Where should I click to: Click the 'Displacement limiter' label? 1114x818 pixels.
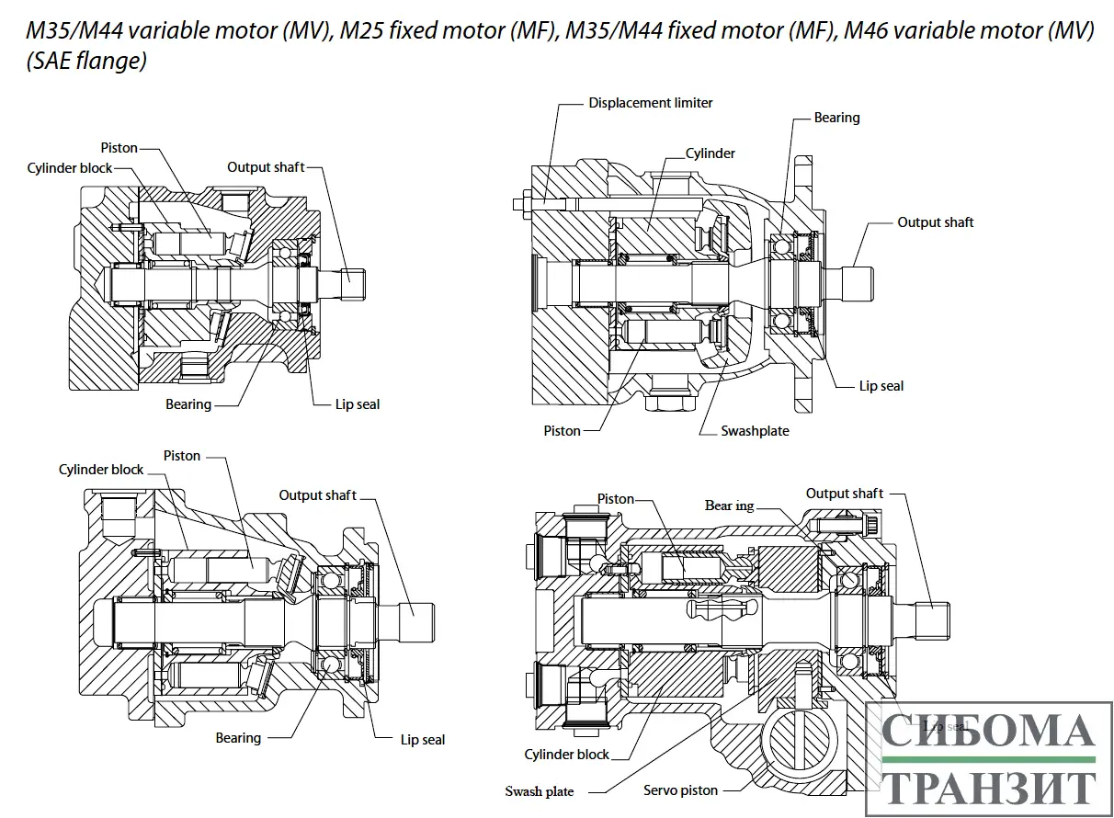(651, 103)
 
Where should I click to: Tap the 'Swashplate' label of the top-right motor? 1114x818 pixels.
(755, 430)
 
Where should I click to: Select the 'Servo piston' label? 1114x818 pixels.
(680, 790)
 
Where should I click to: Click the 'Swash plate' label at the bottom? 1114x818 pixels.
(539, 791)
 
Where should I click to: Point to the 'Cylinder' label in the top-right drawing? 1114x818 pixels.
(710, 153)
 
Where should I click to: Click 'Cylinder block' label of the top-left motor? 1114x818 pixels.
(70, 168)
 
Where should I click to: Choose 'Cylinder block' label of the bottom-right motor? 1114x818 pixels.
(567, 755)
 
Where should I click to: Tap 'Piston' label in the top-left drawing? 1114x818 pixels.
(119, 148)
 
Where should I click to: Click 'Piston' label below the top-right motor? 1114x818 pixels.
(563, 430)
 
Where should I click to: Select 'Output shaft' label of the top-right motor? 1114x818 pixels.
(936, 222)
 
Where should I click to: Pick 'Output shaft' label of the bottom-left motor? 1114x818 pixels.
(318, 495)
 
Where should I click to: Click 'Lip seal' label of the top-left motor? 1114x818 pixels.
(358, 404)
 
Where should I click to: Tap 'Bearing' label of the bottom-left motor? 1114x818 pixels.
(238, 738)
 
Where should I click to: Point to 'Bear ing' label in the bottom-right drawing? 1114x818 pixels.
(731, 506)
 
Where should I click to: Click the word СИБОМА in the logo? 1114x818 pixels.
(988, 731)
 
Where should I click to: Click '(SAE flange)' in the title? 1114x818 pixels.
(86, 63)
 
